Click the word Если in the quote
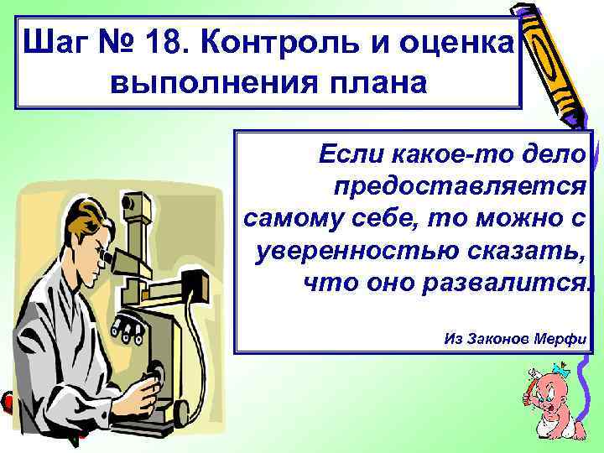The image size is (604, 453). [x=351, y=154]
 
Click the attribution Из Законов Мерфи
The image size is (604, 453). [x=513, y=339]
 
